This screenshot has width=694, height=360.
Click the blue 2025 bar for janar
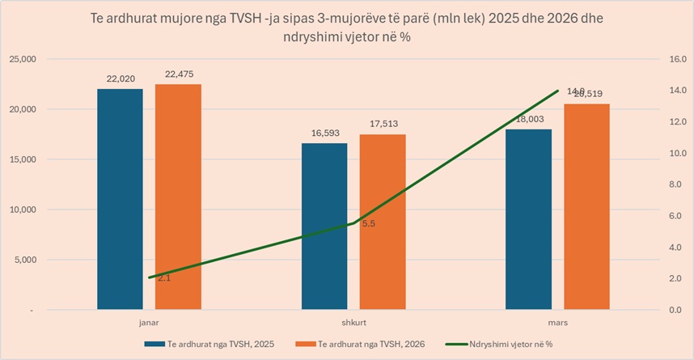(120, 199)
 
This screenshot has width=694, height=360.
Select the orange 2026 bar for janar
(178, 197)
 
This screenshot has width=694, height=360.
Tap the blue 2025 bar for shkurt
(324, 226)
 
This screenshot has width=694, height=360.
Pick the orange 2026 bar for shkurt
(383, 222)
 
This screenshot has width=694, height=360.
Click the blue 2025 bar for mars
(528, 218)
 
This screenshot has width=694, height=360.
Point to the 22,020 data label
(120, 79)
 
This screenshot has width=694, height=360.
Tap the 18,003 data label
(528, 119)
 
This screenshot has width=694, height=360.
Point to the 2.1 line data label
(163, 278)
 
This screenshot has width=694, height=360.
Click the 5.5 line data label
(368, 224)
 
